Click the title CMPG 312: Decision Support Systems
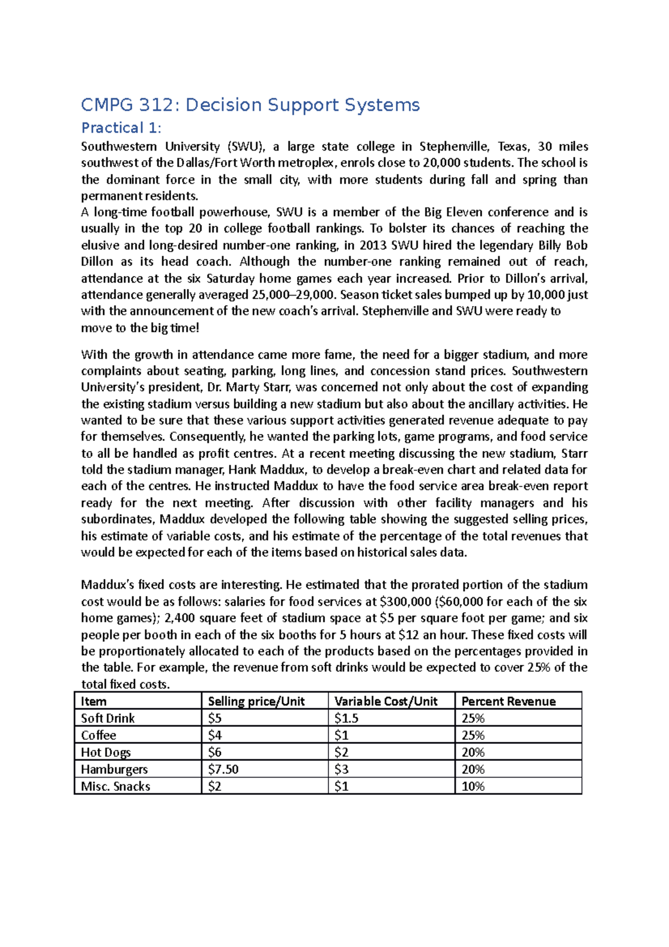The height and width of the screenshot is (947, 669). [250, 105]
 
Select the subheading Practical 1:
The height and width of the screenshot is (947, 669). [121, 128]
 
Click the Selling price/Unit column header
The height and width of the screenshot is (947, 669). [256, 701]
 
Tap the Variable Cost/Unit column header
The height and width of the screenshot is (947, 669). [386, 701]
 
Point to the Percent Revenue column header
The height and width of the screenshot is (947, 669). [508, 701]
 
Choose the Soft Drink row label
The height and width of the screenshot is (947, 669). [108, 718]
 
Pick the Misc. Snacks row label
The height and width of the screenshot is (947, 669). [115, 786]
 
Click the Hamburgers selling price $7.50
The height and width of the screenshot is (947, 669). [223, 769]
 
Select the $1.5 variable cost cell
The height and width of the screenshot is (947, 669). [346, 718]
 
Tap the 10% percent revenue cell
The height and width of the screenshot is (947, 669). [473, 786]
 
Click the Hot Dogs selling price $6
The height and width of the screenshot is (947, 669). [215, 752]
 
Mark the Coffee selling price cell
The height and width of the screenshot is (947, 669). [215, 735]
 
